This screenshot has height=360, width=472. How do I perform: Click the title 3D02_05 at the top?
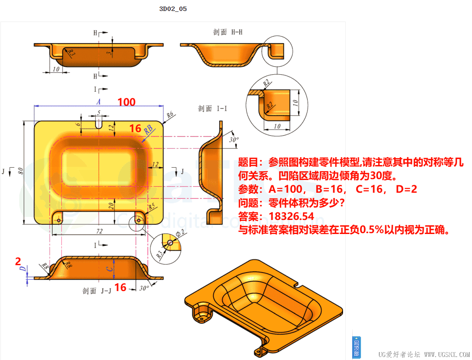[x=173, y=9]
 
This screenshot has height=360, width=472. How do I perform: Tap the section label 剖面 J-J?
[x=97, y=291]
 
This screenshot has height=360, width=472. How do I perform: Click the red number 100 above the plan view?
[x=126, y=102]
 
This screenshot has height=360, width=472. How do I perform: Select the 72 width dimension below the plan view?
[x=99, y=231]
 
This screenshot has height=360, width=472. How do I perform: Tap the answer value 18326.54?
[x=292, y=216]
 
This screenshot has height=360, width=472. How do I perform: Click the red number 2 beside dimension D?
[x=18, y=262]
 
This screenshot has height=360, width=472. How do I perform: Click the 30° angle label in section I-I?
[x=235, y=140]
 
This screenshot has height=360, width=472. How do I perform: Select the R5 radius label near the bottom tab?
[x=152, y=206]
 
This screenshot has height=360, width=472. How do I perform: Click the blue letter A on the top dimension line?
[x=99, y=101]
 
